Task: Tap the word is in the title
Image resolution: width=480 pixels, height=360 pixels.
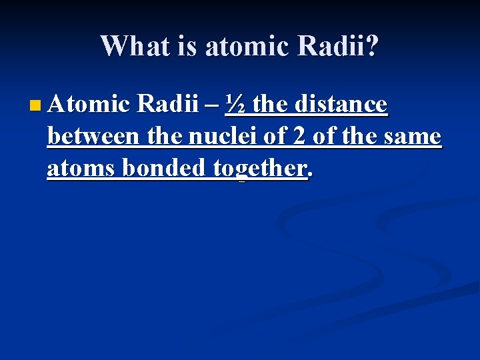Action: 189,46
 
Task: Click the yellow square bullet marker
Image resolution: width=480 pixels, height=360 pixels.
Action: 35,105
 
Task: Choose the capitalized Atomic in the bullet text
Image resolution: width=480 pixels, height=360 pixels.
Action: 89,104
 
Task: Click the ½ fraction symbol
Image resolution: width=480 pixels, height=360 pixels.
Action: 234,104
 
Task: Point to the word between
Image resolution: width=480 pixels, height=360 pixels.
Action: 93,136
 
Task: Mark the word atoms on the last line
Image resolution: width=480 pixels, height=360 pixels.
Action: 75,169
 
